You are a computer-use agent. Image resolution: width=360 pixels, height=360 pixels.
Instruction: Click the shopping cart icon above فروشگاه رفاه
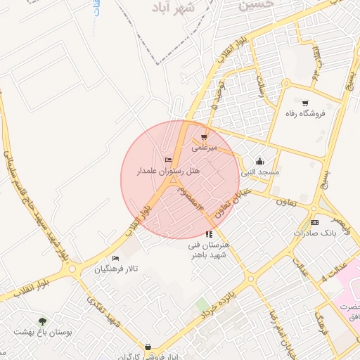point(304,103)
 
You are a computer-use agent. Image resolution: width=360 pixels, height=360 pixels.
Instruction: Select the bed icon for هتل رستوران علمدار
point(168,160)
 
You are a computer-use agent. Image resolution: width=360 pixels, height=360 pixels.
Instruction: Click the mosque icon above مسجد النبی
point(259,161)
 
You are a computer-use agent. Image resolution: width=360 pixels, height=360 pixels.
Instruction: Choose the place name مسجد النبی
point(259,172)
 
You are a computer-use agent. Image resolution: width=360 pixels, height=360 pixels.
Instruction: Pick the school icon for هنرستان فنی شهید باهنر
point(209,234)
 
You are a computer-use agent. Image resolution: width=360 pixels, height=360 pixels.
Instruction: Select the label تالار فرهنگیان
point(117,269)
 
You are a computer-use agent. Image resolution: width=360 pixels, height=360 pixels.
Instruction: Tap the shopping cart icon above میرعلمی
point(205,137)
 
